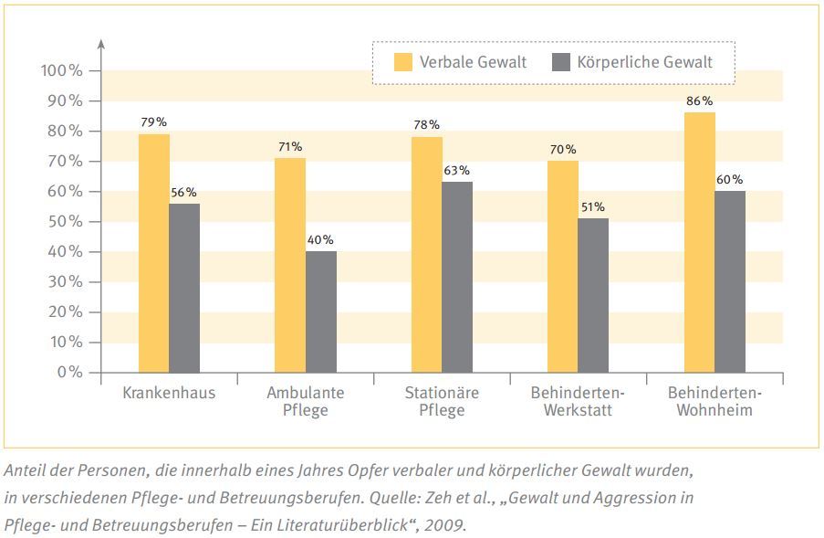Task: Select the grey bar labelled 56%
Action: (184, 288)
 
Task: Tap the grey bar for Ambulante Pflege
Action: (321, 311)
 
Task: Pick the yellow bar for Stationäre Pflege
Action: (427, 255)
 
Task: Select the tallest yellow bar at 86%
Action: (700, 242)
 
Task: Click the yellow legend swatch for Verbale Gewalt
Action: (402, 62)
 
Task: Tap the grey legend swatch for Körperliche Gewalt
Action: (561, 62)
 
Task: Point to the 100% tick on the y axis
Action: (63, 70)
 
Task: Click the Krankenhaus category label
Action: (169, 394)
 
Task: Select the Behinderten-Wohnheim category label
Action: (714, 402)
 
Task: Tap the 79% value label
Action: (153, 122)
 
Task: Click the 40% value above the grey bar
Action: (321, 239)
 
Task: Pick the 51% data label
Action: (592, 206)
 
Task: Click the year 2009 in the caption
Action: (447, 525)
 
